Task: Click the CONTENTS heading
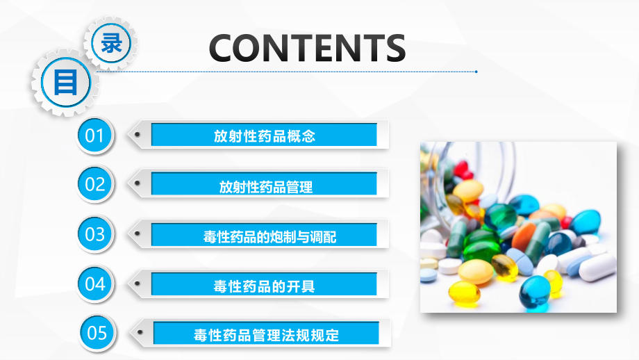(307, 48)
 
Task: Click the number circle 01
(94, 134)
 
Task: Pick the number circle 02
(94, 184)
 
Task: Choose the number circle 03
(94, 234)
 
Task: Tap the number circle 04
(94, 284)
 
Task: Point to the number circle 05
(97, 333)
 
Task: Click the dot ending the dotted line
(476, 71)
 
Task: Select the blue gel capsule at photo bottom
(535, 292)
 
